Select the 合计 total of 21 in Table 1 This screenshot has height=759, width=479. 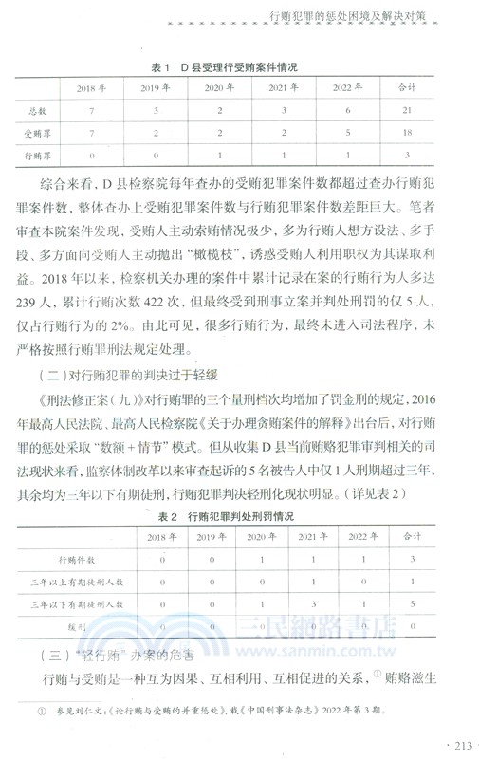[407, 111]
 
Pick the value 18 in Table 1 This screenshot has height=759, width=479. [407, 134]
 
